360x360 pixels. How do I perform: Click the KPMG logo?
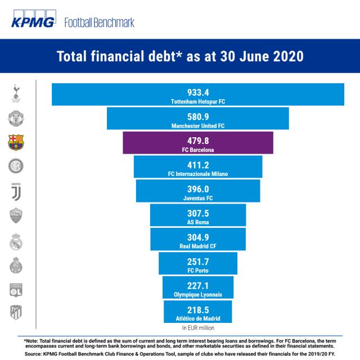coord(33,22)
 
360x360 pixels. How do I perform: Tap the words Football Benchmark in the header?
coord(100,22)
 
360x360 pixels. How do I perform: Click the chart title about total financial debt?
coord(180,57)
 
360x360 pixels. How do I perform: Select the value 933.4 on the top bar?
coord(198,92)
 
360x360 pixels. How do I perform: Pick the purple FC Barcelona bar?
coord(198,142)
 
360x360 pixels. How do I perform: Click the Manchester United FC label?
coord(198,126)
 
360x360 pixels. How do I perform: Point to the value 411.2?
coord(198,165)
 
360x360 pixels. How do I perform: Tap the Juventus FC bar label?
coord(198,199)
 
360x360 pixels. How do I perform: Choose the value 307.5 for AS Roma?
coord(198,213)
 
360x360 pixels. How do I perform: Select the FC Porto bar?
coord(198,263)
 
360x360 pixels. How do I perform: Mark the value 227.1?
coord(198,285)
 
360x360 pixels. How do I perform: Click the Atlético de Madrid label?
coord(198,319)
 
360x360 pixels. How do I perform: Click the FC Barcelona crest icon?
coord(16,143)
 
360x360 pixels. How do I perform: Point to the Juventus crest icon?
coord(16,191)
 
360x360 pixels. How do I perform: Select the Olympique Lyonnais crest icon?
coord(16,289)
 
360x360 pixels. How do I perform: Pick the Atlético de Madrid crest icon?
coord(16,313)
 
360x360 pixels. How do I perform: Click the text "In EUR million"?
coord(198,327)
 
